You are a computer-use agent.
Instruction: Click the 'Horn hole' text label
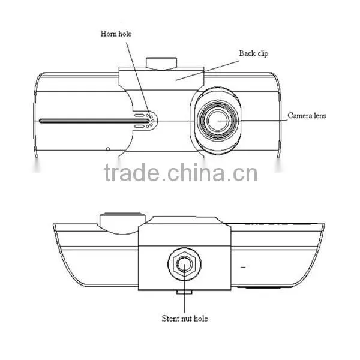point(116,34)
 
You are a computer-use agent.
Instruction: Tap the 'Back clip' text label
point(253,53)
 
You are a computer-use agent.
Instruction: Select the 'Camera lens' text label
point(307,115)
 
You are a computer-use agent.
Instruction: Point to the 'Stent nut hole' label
point(185,319)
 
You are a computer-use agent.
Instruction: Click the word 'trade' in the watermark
point(132,172)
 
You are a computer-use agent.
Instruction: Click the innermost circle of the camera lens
point(217,121)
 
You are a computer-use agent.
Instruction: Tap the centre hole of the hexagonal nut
point(185,264)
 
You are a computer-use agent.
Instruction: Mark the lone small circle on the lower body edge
point(108,149)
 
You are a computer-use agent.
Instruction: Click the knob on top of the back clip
point(161,63)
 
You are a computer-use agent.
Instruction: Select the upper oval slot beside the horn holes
point(139,115)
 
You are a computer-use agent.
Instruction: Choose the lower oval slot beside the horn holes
point(139,126)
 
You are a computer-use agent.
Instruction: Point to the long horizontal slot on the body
point(94,121)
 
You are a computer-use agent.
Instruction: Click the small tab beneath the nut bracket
point(184,292)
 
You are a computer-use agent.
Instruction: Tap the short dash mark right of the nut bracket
point(243,267)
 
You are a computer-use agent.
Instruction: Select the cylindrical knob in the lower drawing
point(122,223)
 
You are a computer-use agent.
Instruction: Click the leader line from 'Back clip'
point(208,70)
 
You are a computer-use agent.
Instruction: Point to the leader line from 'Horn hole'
point(139,80)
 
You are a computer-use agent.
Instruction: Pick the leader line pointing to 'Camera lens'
point(252,121)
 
